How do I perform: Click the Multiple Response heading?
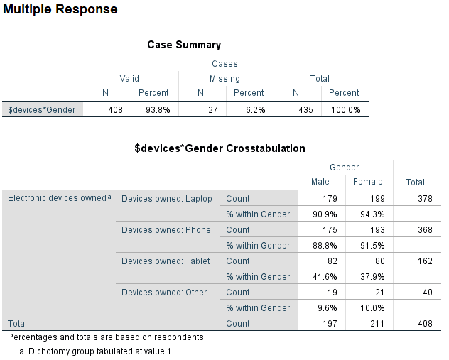(60, 10)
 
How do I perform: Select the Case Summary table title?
(184, 45)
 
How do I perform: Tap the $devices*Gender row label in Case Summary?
(41, 110)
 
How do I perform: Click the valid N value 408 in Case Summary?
(115, 110)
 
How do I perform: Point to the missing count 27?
(210, 110)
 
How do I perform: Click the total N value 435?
(304, 110)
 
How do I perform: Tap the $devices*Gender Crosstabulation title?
(220, 148)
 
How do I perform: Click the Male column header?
(320, 182)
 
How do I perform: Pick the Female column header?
(367, 182)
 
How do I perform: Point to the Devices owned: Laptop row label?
(167, 199)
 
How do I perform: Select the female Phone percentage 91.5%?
(372, 246)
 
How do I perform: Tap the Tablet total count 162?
(424, 261)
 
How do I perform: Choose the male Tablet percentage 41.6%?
(325, 277)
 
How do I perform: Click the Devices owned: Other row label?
(164, 293)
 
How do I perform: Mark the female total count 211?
(377, 324)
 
